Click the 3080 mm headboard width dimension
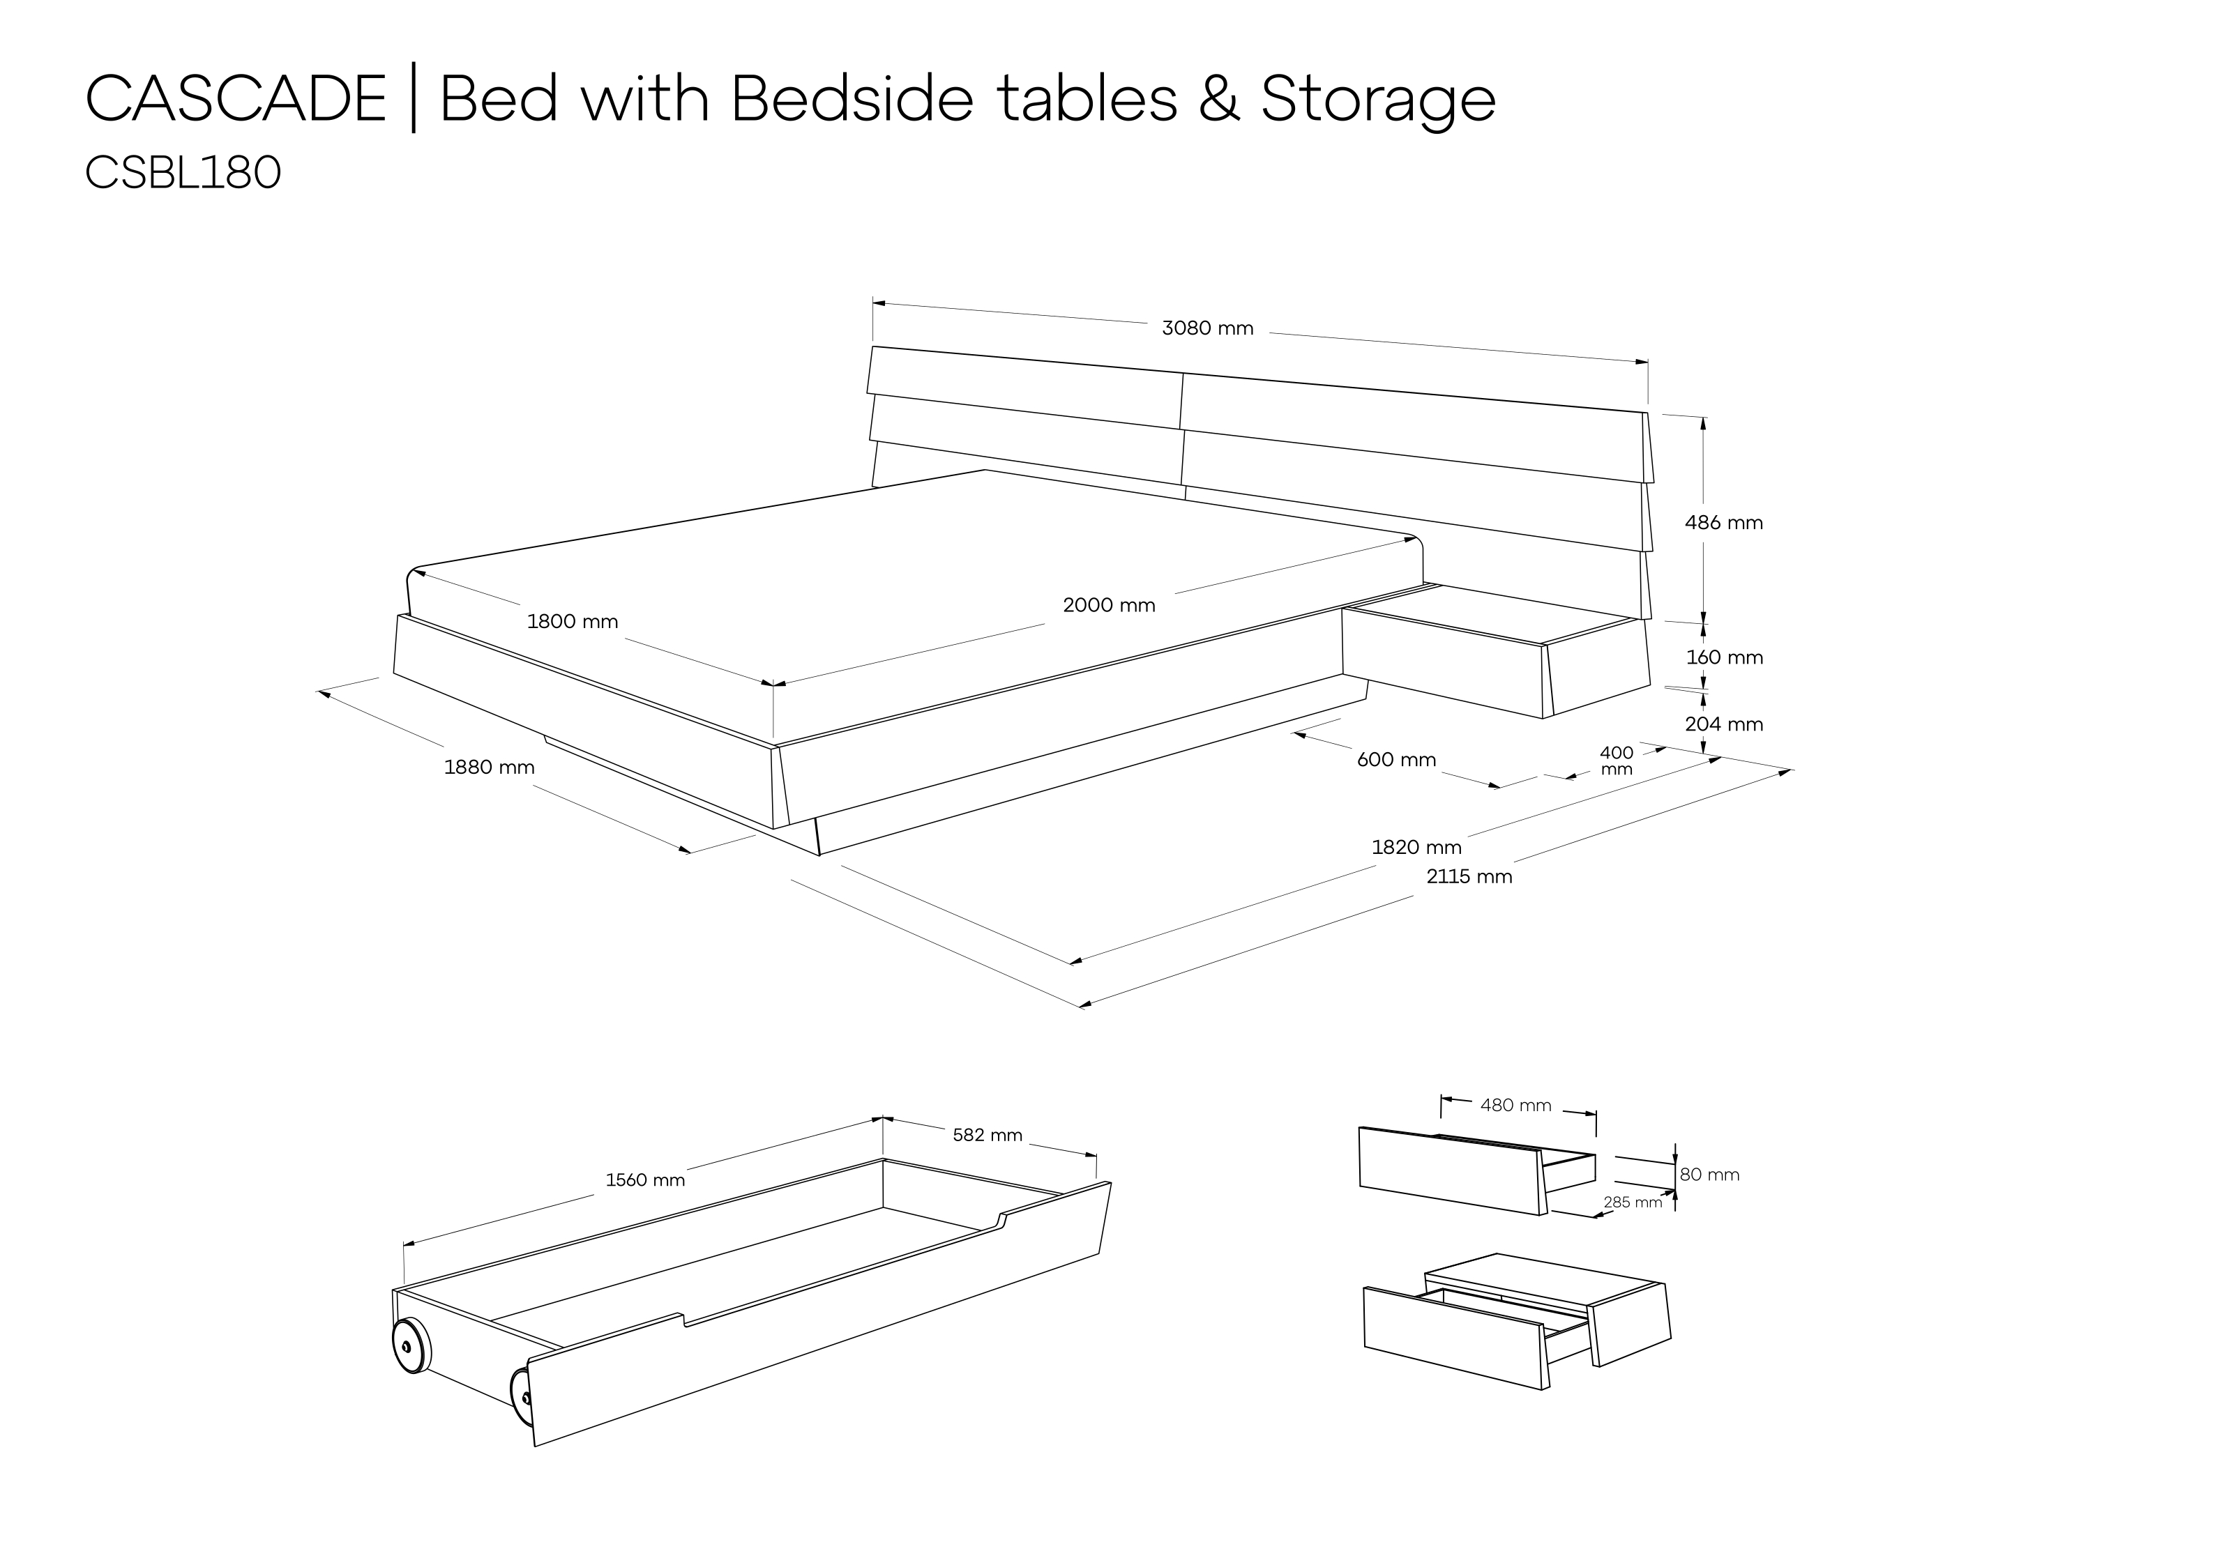click(x=1207, y=328)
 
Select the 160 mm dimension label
click(x=1725, y=657)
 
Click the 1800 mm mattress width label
click(x=573, y=622)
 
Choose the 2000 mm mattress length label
click(x=1109, y=605)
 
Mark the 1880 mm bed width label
click(x=489, y=768)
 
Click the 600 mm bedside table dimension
click(x=1396, y=760)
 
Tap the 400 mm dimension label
click(x=1617, y=761)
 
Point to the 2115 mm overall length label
click(x=1469, y=877)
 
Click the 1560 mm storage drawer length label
click(x=645, y=1180)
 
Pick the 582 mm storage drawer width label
click(x=987, y=1136)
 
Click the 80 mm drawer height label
click(x=1709, y=1175)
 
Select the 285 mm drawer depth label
click(x=1633, y=1203)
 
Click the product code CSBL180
click(x=183, y=174)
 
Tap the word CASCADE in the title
click(x=236, y=100)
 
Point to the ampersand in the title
click(x=1220, y=100)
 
